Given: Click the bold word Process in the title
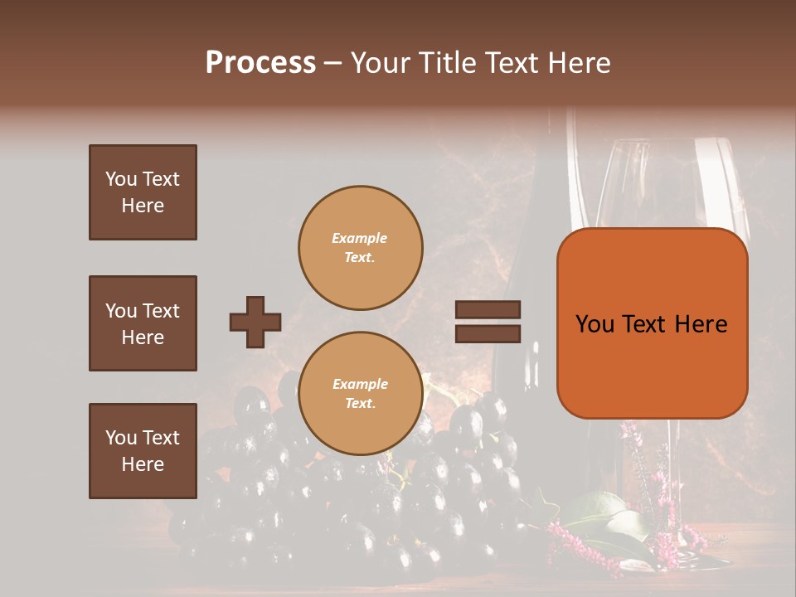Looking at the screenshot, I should (x=260, y=62).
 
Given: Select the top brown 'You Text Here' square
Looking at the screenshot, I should (x=143, y=192).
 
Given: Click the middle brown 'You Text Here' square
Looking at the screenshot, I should (x=143, y=323).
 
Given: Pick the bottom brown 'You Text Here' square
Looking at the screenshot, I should (x=143, y=450).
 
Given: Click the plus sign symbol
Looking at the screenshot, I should (x=255, y=322).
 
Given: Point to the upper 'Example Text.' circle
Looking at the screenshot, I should (x=360, y=248).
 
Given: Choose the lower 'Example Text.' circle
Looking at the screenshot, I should (x=360, y=394).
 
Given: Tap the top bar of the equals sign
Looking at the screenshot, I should (x=488, y=310).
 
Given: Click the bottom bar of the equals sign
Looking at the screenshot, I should (x=488, y=333).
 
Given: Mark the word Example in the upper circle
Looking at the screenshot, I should (x=360, y=238).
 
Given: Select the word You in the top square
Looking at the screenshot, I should (x=119, y=179).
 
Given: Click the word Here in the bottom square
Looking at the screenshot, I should (x=143, y=464).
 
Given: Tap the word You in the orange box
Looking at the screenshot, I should (x=594, y=324).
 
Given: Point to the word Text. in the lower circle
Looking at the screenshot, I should (x=360, y=404).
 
